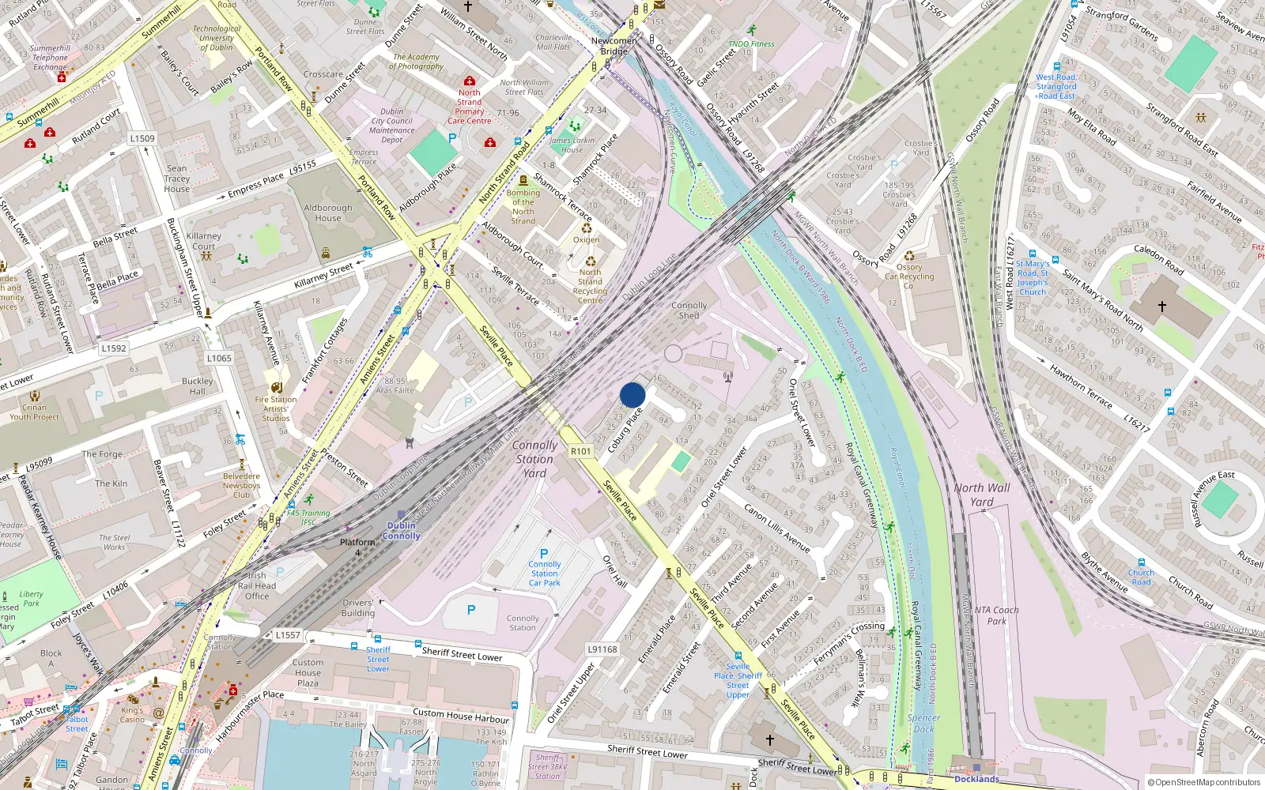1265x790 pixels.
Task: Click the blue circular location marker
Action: pyautogui.click(x=632, y=395)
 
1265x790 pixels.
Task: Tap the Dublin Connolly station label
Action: pyautogui.click(x=402, y=531)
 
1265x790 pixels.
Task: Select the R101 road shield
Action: pyautogui.click(x=581, y=451)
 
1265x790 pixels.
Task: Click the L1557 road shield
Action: pyautogui.click(x=288, y=634)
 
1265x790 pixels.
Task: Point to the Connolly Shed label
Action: pyautogui.click(x=689, y=310)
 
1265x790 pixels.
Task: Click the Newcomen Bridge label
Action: pyautogui.click(x=614, y=46)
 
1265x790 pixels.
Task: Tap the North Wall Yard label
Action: pyautogui.click(x=982, y=495)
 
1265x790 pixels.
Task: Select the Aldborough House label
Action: pyautogui.click(x=328, y=213)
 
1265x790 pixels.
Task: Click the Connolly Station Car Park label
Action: pyautogui.click(x=545, y=574)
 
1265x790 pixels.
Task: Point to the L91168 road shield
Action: pyautogui.click(x=602, y=649)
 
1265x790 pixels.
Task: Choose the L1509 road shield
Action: pyautogui.click(x=142, y=138)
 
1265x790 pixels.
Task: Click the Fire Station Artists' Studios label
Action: pyautogui.click(x=276, y=408)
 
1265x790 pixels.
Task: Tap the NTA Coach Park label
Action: pyautogui.click(x=996, y=615)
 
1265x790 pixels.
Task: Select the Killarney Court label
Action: pyautogui.click(x=204, y=241)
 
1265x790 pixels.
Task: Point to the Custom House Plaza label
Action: pyautogui.click(x=308, y=672)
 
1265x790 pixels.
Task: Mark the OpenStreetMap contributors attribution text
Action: pyautogui.click(x=1204, y=782)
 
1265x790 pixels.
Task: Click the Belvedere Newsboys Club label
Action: pyautogui.click(x=241, y=485)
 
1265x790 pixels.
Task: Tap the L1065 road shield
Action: pyautogui.click(x=219, y=358)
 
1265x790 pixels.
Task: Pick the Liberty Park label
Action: pyautogui.click(x=31, y=599)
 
